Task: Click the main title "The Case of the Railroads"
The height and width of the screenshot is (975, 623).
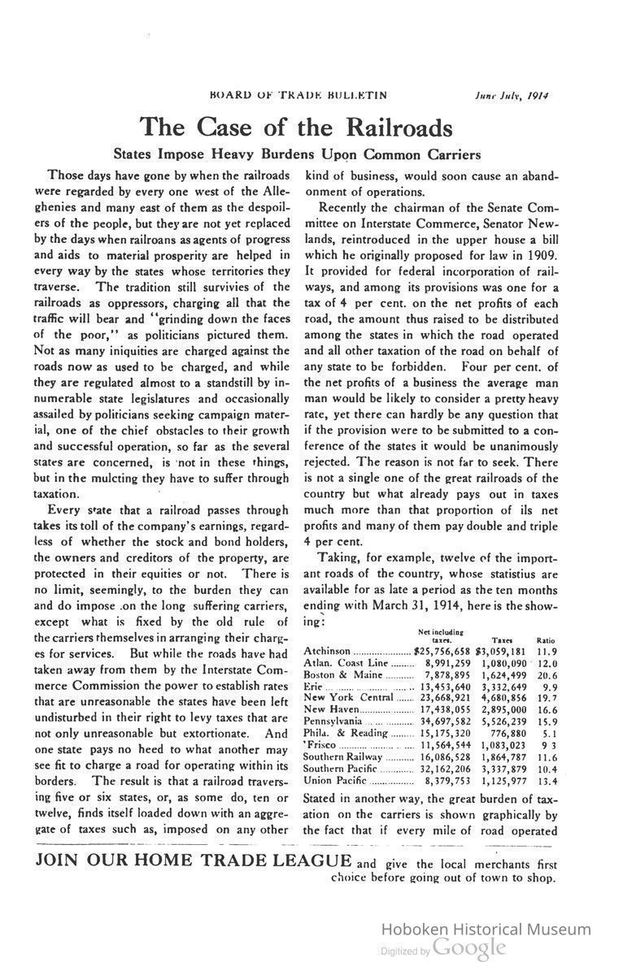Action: pyautogui.click(x=295, y=128)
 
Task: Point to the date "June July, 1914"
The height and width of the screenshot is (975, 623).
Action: pyautogui.click(x=512, y=94)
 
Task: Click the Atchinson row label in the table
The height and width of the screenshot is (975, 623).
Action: pyautogui.click(x=327, y=652)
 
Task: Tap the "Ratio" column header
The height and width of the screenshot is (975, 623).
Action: pyautogui.click(x=546, y=640)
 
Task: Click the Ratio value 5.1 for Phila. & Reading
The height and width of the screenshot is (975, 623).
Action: pyautogui.click(x=549, y=732)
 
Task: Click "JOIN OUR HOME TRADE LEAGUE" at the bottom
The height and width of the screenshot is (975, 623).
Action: pyautogui.click(x=194, y=861)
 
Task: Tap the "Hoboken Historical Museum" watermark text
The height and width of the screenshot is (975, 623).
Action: pyautogui.click(x=486, y=929)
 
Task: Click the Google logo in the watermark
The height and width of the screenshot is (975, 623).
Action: pyautogui.click(x=469, y=947)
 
